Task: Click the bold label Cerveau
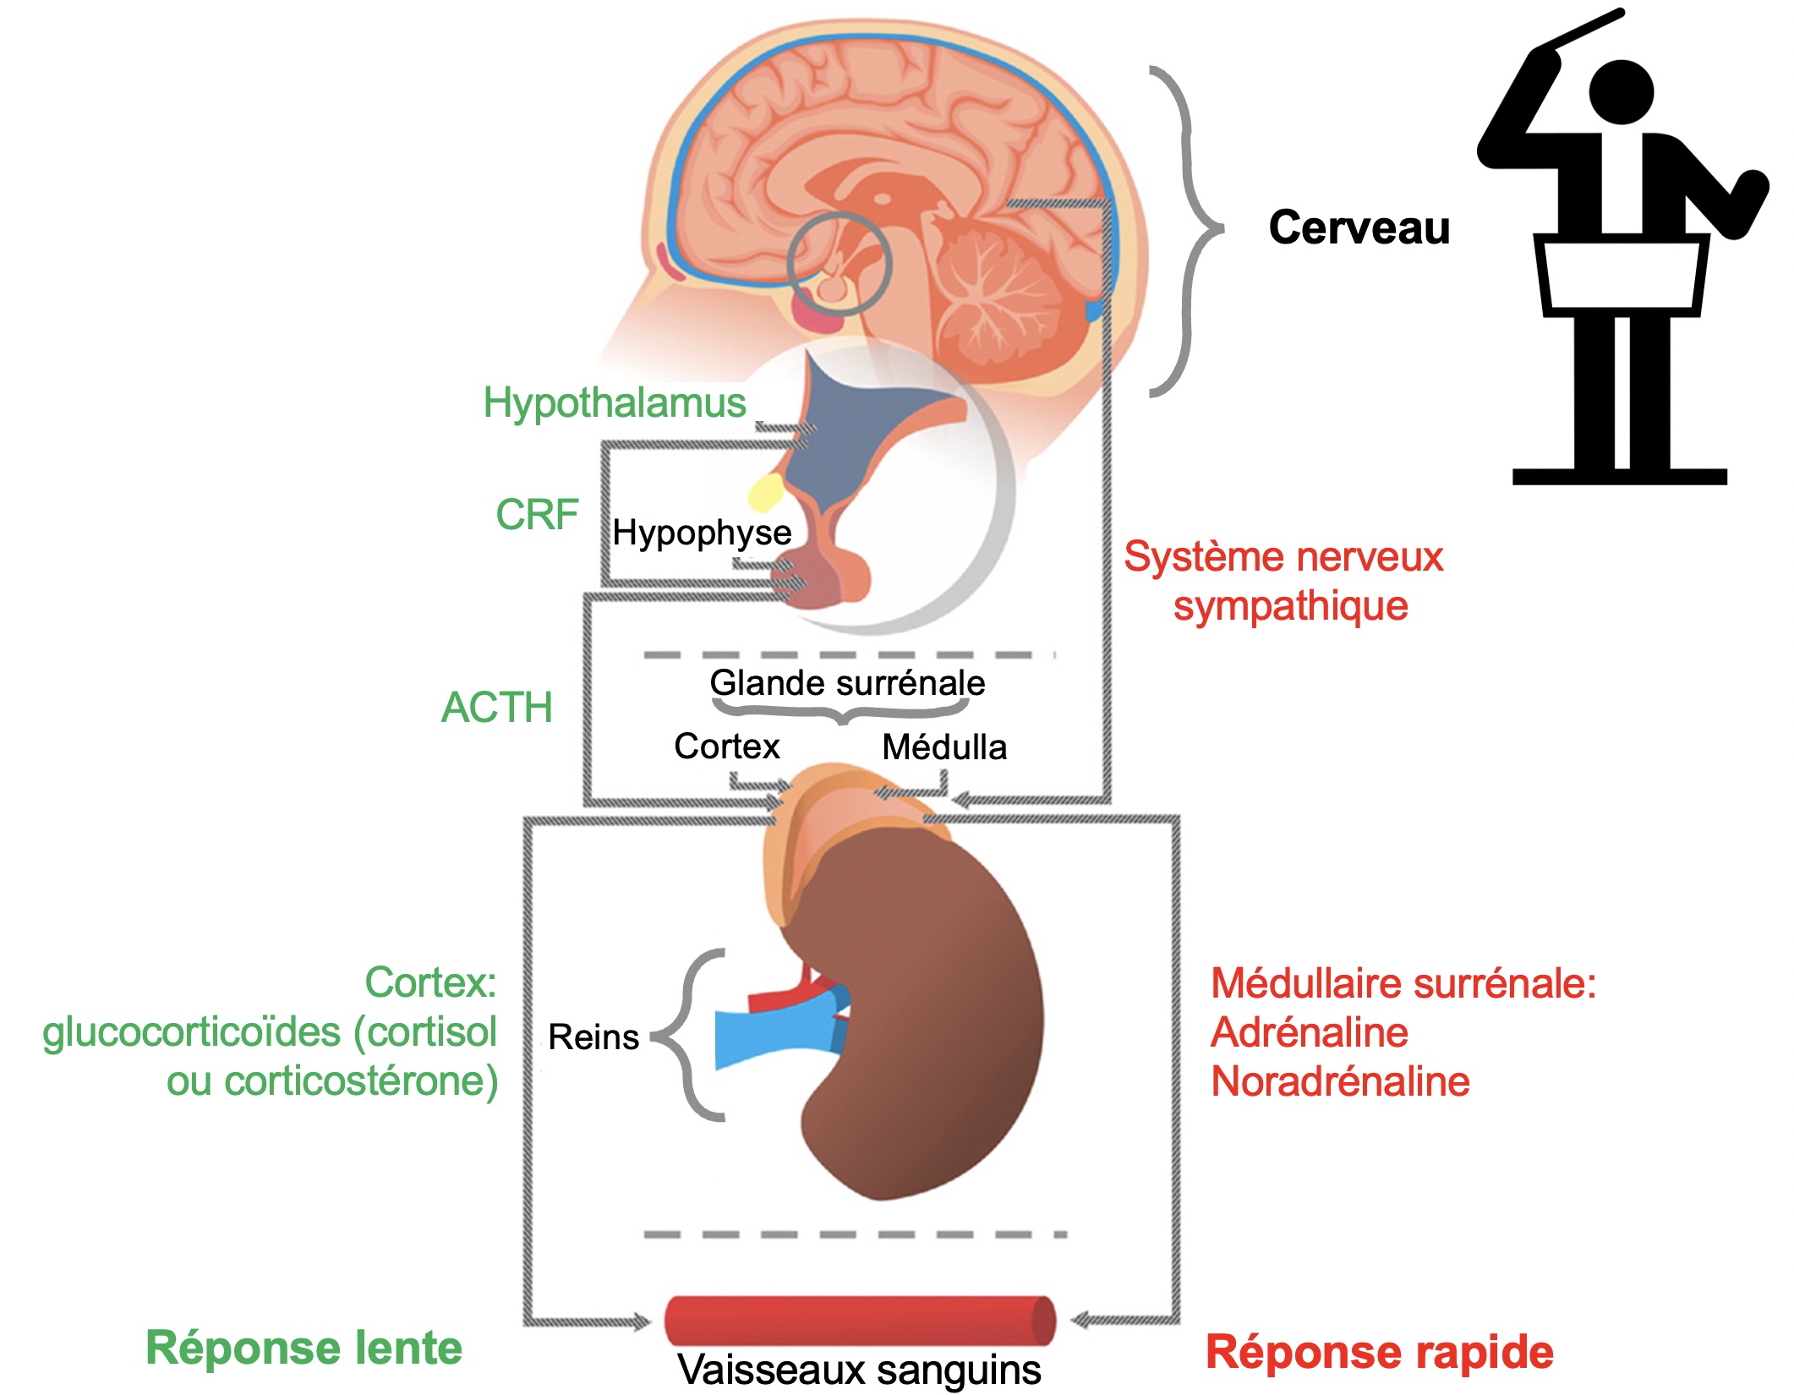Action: [x=1359, y=227]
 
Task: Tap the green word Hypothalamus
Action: [x=615, y=402]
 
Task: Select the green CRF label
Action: [x=537, y=514]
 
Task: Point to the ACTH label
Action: [x=496, y=707]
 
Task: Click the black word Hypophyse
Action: [x=702, y=533]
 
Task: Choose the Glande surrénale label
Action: [x=847, y=682]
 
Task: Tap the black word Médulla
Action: [x=944, y=747]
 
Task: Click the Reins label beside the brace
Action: [x=593, y=1037]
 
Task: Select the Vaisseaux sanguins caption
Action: [x=859, y=1370]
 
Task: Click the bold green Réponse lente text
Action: [x=304, y=1348]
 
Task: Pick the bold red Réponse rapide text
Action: [x=1379, y=1351]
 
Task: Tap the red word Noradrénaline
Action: [x=1340, y=1081]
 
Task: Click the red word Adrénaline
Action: [x=1310, y=1032]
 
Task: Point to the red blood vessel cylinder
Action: [x=859, y=1320]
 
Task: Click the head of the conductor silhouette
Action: [x=1621, y=91]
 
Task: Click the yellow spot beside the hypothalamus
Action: [x=767, y=491]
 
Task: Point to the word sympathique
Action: [x=1290, y=606]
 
